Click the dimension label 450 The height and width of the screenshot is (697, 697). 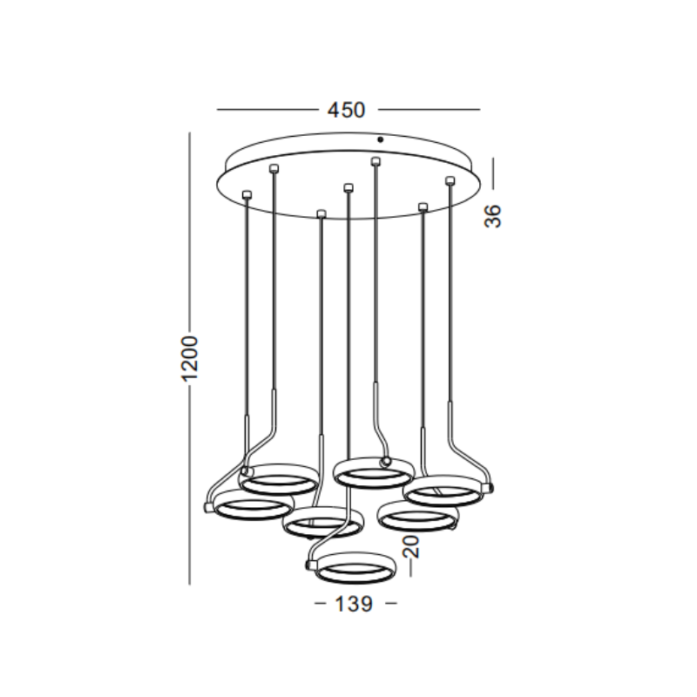[346, 110]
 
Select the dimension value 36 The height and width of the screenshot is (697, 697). [494, 215]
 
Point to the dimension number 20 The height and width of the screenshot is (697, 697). [411, 546]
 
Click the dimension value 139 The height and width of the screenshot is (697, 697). [355, 603]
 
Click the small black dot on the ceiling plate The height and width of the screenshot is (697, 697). [379, 139]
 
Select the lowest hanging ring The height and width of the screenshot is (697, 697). [353, 569]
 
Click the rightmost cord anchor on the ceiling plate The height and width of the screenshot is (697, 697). [450, 180]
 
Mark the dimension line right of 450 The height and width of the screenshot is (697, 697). [429, 110]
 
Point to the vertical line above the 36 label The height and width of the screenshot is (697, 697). [493, 173]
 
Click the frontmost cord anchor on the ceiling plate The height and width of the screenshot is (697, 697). [321, 213]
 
